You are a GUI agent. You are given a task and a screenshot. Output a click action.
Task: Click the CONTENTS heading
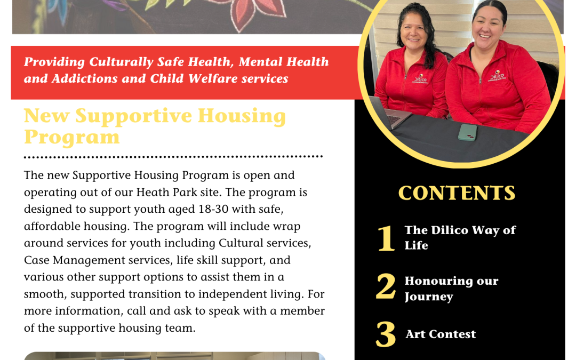click(x=457, y=193)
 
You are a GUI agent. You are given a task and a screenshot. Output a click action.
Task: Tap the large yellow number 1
click(x=386, y=238)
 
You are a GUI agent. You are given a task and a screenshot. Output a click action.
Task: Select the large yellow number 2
click(x=386, y=287)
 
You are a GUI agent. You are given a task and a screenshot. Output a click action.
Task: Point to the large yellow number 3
click(x=386, y=335)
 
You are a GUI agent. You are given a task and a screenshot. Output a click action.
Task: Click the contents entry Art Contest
click(x=441, y=334)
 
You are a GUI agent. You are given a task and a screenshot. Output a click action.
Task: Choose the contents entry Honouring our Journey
click(x=451, y=289)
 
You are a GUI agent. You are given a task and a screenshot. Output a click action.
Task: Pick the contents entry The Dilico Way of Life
click(x=460, y=237)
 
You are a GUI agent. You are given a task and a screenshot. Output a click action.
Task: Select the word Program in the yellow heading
click(x=71, y=137)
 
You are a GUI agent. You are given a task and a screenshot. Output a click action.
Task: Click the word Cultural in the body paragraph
click(x=241, y=243)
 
